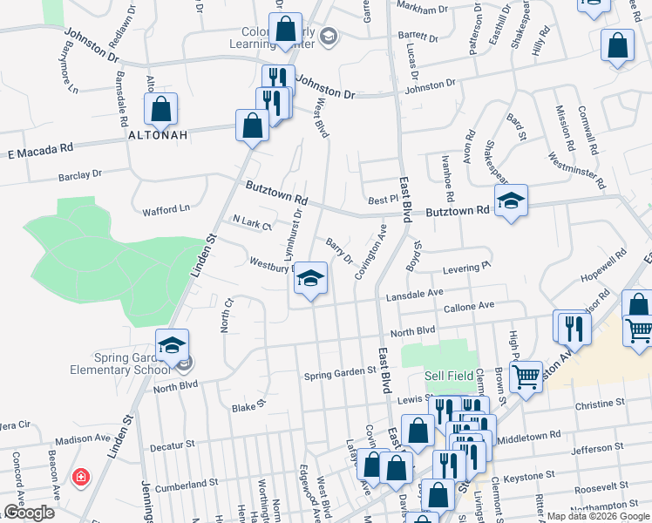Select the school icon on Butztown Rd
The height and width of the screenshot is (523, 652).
510,202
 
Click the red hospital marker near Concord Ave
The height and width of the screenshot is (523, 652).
80,477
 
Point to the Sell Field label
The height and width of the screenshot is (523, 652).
450,376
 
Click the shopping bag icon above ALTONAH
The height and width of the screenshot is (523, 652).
160,110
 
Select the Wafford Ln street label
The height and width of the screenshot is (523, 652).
166,209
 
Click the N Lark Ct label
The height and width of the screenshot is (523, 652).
253,223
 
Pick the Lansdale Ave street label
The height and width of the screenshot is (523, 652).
416,294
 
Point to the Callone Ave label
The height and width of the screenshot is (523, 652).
469,306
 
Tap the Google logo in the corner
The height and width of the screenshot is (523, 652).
29,513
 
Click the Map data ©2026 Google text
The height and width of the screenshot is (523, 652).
597,516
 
